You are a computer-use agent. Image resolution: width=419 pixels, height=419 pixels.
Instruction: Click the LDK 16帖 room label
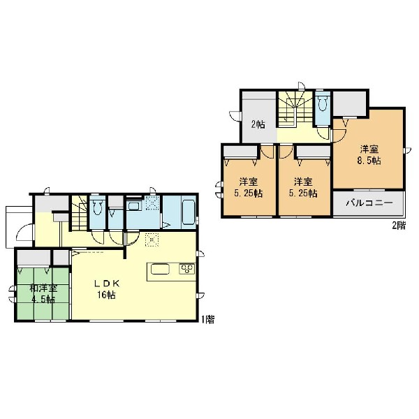pos(106,289)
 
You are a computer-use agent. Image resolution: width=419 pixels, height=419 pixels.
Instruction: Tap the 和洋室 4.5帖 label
pos(43,294)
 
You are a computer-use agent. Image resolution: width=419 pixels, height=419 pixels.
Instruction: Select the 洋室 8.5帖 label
pos(369,155)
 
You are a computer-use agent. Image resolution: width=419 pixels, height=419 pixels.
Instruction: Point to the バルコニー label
pos(369,203)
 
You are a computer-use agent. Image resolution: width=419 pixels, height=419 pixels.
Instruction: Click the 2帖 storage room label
pos(258,124)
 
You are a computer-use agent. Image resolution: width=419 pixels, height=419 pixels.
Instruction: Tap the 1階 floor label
pos(208,320)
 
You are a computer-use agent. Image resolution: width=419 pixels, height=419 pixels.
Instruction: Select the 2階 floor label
pos(399,226)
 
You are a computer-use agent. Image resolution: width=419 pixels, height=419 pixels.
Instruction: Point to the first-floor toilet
pos(97,207)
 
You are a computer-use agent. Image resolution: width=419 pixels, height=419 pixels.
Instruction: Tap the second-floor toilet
pos(323,103)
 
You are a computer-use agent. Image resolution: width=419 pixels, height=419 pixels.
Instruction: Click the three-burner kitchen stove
pos(187,269)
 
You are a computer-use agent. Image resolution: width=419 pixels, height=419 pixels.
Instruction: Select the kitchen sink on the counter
pos(161,269)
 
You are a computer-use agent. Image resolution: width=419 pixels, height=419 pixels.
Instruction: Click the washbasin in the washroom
pos(133,206)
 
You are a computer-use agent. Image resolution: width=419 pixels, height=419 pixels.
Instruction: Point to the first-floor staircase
pos(80,213)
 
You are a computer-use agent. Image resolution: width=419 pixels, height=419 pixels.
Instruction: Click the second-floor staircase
pos(295,109)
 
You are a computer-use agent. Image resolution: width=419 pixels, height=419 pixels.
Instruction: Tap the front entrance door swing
pos(25,232)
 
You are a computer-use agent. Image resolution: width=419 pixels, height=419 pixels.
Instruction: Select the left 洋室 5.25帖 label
pos(248,187)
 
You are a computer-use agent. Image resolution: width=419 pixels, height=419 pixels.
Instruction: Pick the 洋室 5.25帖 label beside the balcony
pos(303,187)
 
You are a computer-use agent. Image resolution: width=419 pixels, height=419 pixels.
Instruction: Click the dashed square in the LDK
pos(152,240)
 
